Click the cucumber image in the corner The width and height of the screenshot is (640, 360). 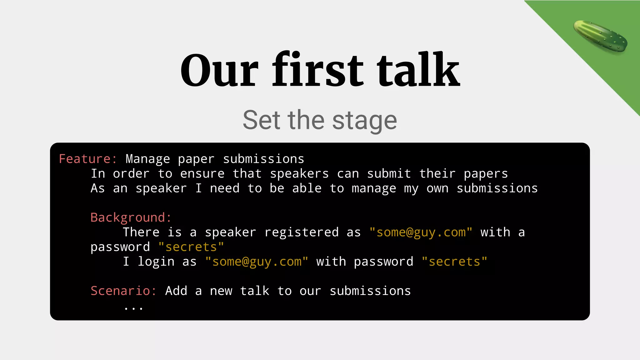coord(600,36)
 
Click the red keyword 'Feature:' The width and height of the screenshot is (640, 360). coord(88,159)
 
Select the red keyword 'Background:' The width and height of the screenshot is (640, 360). coord(131,217)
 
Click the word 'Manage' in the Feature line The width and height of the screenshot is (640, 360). coord(148,159)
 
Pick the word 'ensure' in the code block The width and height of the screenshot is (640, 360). coord(202,174)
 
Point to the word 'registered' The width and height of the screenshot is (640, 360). coord(301,232)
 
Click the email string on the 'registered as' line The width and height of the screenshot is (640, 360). coord(421,232)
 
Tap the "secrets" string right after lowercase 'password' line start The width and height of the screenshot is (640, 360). coord(191,247)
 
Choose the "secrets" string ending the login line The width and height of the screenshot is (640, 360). coord(454,262)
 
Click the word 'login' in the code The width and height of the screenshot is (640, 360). coord(156,262)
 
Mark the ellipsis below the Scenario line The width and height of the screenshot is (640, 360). coord(133,308)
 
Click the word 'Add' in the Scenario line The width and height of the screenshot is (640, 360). coord(176,291)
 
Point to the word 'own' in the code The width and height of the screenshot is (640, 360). coord(437,188)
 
